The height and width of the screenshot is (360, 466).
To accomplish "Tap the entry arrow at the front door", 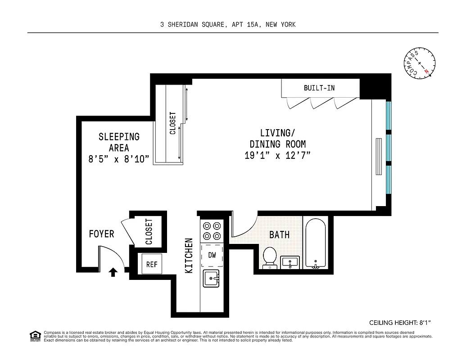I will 113,271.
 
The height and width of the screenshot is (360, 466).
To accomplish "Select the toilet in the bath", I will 270,258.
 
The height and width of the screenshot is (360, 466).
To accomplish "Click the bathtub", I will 317,243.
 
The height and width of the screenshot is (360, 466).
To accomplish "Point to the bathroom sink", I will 290,262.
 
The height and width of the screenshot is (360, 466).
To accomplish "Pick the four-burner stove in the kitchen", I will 212,230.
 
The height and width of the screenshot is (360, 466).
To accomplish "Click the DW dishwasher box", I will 212,255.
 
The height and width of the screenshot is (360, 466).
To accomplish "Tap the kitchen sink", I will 212,279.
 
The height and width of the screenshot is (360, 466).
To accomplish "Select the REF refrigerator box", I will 152,265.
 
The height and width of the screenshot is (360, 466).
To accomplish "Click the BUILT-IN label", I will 319,88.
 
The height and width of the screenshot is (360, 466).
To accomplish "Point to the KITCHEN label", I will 190,255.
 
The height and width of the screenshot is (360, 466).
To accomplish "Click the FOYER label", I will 101,234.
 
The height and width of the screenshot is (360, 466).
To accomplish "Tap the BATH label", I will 279,234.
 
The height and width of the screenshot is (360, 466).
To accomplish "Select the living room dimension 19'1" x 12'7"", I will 277,156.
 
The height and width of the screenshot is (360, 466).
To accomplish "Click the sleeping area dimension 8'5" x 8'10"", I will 119,159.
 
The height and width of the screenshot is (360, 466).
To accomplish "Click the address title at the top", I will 228,25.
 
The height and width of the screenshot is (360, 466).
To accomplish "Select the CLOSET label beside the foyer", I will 149,232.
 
